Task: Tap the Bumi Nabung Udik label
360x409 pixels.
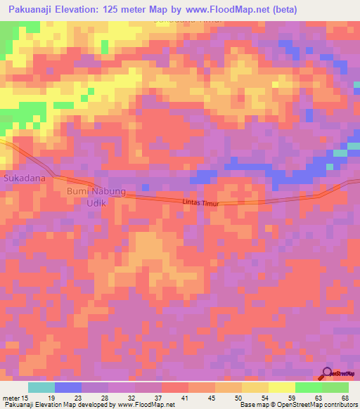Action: click(96, 196)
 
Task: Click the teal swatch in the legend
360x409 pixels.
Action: click(41, 387)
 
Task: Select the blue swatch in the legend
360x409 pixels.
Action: click(68, 387)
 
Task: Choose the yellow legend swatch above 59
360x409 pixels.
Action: click(282, 387)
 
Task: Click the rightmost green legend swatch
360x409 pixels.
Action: click(335, 387)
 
